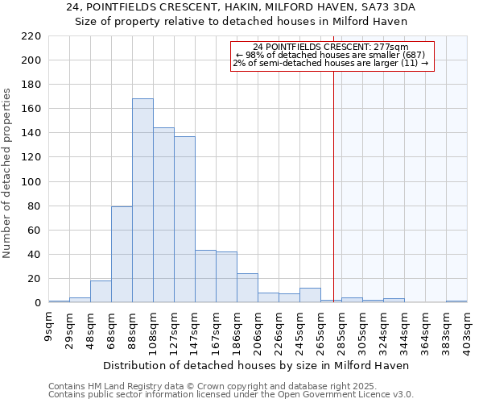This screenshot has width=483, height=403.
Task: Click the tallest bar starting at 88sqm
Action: tap(142, 201)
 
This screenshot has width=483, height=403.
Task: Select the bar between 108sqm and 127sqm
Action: tap(163, 215)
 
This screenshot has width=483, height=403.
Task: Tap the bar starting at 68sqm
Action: tap(122, 255)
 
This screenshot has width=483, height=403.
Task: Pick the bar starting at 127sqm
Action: tap(184, 219)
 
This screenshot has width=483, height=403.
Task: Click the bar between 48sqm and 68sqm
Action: tap(101, 292)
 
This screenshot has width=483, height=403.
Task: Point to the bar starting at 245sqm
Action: tap(310, 296)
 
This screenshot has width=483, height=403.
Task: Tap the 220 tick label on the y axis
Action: tap(31, 36)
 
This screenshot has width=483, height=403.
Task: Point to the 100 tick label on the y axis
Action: tap(31, 182)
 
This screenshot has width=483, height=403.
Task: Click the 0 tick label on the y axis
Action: tap(37, 303)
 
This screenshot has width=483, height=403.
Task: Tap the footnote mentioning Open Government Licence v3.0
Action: tap(231, 395)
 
